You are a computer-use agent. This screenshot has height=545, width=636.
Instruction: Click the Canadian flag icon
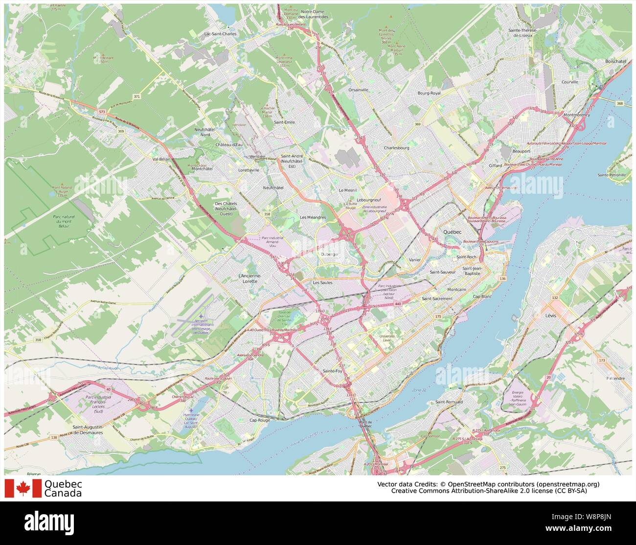click(x=23, y=488)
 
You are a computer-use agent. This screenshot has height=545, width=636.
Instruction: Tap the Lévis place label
click(x=550, y=316)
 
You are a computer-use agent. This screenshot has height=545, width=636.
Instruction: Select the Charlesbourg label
click(x=396, y=147)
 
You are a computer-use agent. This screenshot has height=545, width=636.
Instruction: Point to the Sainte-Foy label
click(x=332, y=371)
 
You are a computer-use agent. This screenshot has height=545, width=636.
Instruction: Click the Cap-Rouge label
click(x=259, y=420)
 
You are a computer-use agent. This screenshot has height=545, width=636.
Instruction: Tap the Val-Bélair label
click(x=161, y=159)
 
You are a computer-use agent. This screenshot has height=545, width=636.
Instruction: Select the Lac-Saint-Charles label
click(x=220, y=34)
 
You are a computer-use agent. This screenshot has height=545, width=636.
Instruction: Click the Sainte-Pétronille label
click(x=612, y=175)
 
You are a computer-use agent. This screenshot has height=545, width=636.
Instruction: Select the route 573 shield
click(x=101, y=112)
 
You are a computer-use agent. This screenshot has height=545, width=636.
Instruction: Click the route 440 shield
click(x=397, y=304)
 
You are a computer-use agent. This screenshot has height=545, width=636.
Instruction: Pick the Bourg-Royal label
click(x=429, y=92)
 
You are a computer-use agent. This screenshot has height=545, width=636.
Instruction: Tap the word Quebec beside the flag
click(x=63, y=484)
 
